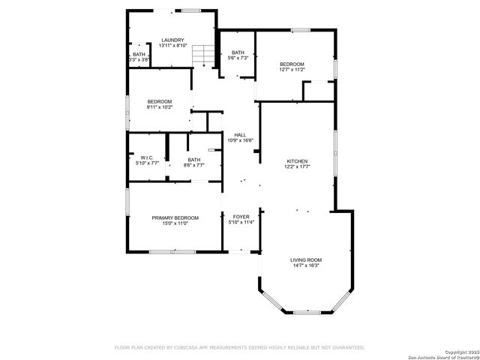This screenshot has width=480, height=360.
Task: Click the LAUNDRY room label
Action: click(172, 40)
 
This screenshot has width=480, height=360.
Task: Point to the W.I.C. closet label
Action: click(146, 157)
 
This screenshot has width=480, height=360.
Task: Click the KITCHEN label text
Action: click(297, 161)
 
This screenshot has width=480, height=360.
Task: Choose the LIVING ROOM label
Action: click(305, 260)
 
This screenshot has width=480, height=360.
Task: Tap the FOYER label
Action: click(241, 217)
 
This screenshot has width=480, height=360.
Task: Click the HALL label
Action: click(240, 135)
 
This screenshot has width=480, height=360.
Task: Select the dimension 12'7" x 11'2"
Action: click(292, 70)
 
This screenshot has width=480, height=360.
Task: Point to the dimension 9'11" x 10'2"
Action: click(159, 107)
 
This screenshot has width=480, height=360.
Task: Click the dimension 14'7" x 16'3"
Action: click(305, 265)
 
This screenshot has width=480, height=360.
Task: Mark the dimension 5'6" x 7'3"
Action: click(238, 58)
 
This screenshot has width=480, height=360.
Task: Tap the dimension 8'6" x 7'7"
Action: click(194, 165)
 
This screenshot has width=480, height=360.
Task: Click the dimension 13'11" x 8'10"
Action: click(172, 46)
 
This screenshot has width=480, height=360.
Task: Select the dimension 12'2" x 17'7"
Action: click(297, 166)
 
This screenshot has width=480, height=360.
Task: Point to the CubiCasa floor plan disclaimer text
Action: click(239, 347)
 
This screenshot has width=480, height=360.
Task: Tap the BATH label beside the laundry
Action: click(139, 54)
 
